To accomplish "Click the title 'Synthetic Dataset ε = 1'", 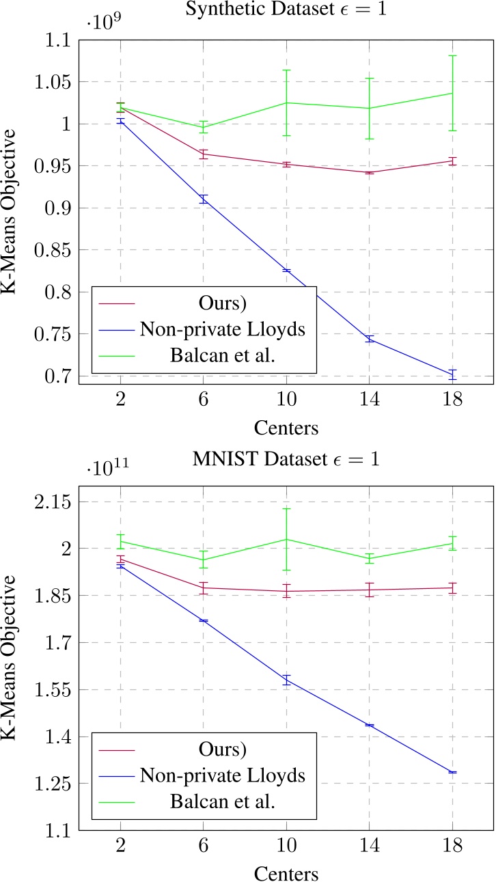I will coord(286,10).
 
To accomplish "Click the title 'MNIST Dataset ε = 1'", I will coord(286,458).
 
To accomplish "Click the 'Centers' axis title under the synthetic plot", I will coord(286,428).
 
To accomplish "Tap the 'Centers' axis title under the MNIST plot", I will coord(286,873).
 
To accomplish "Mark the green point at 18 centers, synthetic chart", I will coord(452,93).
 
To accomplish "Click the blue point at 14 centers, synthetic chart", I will coord(369,339).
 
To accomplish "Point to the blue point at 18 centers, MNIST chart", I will coord(452,772).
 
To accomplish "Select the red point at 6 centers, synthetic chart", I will coord(203,154).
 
